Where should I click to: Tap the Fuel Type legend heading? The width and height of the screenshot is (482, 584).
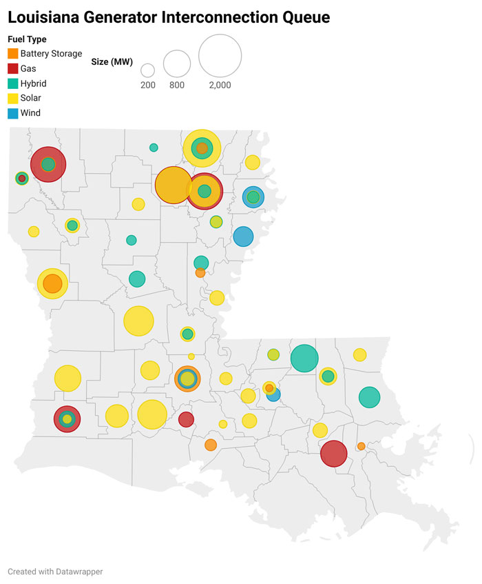click(x=27, y=39)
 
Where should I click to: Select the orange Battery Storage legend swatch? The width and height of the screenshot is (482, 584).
click(x=13, y=53)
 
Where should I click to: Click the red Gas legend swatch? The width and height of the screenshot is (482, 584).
click(x=13, y=68)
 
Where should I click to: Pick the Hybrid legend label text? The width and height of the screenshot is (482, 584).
click(x=34, y=83)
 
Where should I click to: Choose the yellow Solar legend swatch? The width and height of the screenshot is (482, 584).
click(x=13, y=98)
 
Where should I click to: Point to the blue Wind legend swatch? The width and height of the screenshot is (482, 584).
click(x=13, y=112)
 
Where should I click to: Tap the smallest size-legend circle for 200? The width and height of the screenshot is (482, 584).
click(x=147, y=70)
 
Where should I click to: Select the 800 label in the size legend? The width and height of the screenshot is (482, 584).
click(x=177, y=85)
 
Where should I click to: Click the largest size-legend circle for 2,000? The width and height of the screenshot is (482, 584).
click(x=220, y=55)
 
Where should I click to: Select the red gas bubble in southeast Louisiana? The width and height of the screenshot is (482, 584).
click(x=333, y=454)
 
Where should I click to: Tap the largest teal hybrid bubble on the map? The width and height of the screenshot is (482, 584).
click(x=304, y=358)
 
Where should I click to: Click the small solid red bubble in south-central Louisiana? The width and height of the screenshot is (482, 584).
click(x=186, y=419)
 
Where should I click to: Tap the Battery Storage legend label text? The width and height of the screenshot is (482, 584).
click(x=51, y=53)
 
